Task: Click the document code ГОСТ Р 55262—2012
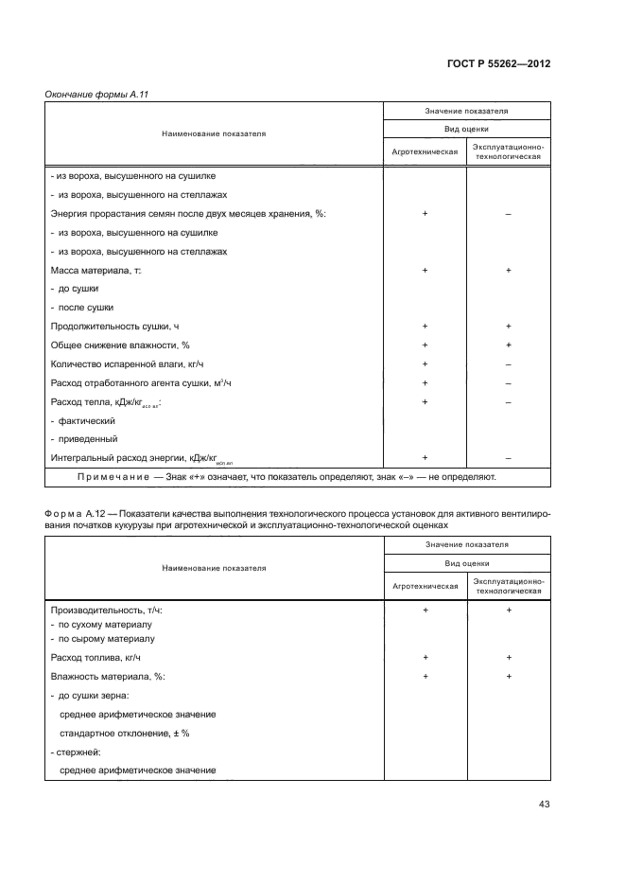coord(497,63)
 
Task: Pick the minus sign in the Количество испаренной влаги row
coord(509,363)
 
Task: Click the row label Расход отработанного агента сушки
coord(141,382)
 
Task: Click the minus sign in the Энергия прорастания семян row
coord(509,214)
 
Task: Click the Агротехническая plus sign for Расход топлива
coord(425,657)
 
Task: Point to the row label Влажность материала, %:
coord(107,676)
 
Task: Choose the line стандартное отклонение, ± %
coord(125,733)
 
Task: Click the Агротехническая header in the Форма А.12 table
coord(425,586)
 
